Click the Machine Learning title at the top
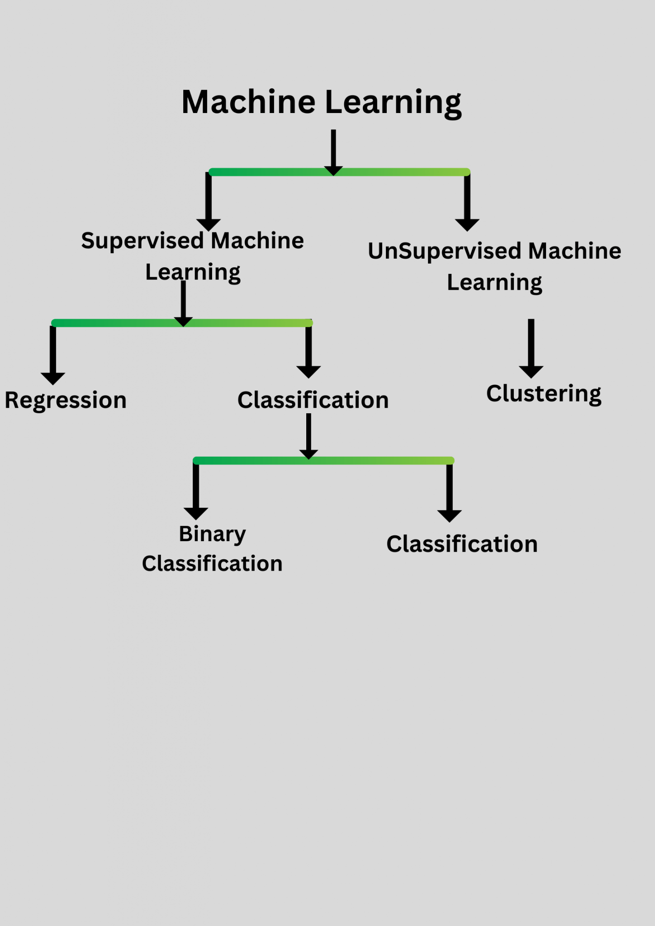321,102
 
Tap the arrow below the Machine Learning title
333,152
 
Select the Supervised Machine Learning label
193,256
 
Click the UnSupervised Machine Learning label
494,266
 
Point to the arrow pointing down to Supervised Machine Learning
209,201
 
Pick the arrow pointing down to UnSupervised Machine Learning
467,202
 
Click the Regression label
66,400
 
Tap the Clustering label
544,393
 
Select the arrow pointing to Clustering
531,348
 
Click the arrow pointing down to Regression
53,354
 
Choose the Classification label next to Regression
313,400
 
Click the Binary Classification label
212,549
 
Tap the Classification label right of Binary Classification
462,544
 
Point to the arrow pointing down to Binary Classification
196,491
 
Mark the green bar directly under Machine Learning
271,172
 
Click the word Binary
212,534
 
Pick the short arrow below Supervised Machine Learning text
183,302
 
